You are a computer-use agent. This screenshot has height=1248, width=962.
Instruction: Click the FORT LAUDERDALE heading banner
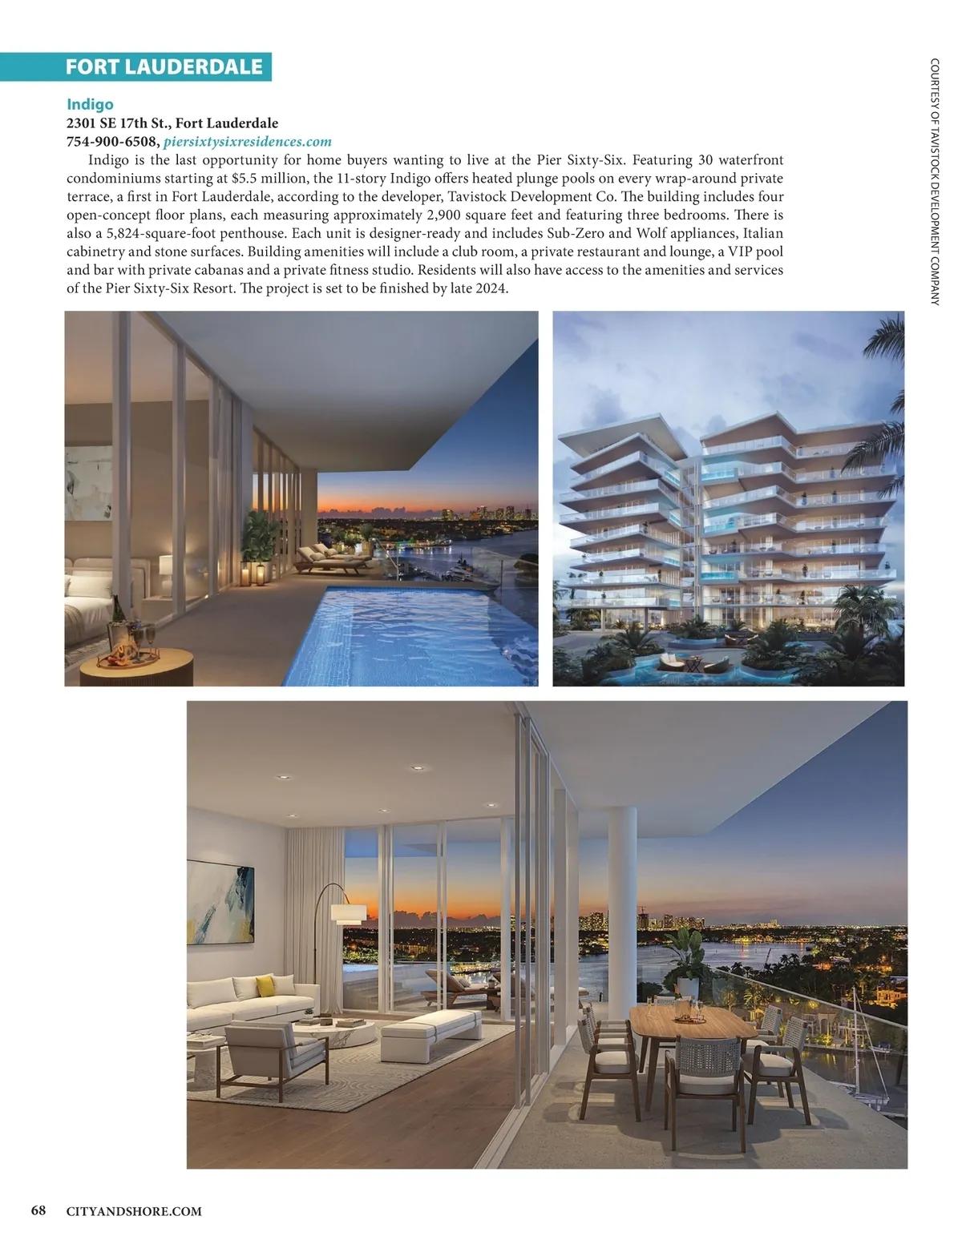click(164, 66)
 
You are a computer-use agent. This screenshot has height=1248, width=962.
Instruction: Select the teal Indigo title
click(90, 104)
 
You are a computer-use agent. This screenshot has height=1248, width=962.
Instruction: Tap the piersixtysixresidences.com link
click(247, 142)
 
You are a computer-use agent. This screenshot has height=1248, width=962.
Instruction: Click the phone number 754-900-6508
click(111, 142)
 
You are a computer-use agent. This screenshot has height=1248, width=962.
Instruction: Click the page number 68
click(38, 1210)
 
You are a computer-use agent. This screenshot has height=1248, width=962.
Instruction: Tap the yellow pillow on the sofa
click(265, 986)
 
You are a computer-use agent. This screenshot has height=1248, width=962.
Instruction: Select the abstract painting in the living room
click(220, 893)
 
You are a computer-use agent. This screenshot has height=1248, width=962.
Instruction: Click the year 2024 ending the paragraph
click(491, 288)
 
